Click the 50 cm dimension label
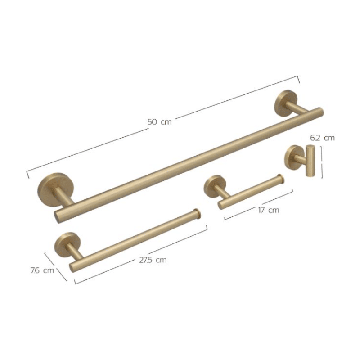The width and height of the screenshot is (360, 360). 160,122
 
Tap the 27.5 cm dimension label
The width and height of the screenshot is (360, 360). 153,260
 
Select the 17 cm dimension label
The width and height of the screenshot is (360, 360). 269,210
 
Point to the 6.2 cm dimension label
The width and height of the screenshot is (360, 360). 322,138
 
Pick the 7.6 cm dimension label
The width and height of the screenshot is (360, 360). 42,270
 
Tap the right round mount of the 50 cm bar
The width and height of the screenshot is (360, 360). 286,103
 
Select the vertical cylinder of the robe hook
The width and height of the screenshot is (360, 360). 310,161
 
